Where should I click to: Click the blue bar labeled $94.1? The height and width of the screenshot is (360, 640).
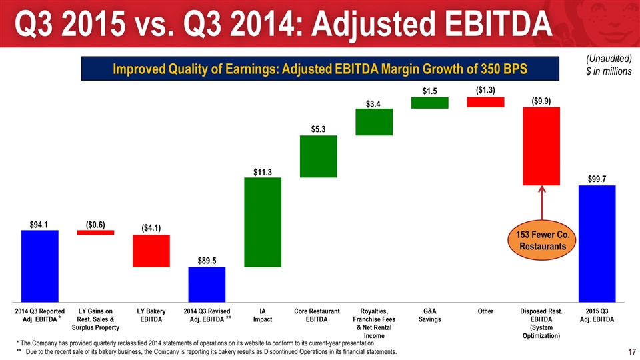click(x=40, y=265)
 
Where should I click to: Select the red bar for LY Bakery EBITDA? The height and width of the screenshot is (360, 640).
click(x=151, y=251)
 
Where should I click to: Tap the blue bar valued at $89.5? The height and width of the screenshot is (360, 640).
click(x=207, y=284)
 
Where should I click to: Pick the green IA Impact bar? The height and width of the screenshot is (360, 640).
click(x=263, y=222)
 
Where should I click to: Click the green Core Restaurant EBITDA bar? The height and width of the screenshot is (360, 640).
click(x=319, y=157)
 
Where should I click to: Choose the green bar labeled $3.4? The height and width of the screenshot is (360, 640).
click(x=374, y=122)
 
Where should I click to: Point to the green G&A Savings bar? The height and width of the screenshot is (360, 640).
click(x=429, y=102)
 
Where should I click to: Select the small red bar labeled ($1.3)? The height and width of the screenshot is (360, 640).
click(x=485, y=101)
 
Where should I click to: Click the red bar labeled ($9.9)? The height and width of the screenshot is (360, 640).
click(x=541, y=146)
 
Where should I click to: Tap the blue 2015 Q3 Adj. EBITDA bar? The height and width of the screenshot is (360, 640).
click(x=597, y=243)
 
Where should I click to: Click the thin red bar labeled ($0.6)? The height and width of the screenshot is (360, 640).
click(x=95, y=233)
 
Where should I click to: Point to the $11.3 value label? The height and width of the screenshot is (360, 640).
click(x=263, y=173)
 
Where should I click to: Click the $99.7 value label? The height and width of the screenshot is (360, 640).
click(x=597, y=179)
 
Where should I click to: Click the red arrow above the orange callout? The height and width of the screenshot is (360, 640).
click(x=541, y=203)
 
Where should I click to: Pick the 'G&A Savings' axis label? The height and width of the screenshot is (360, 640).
click(x=430, y=315)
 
